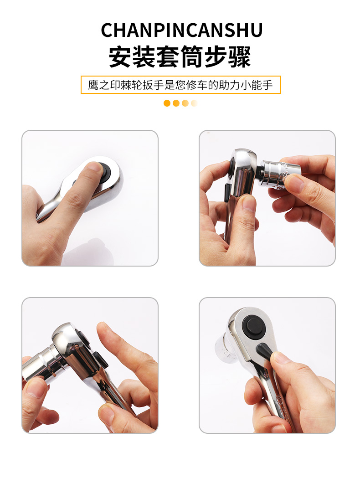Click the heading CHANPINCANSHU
pyautogui.click(x=182, y=30)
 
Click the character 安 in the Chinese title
pyautogui.click(x=120, y=57)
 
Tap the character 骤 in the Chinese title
pyautogui.click(x=239, y=57)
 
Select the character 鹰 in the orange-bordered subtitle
pyautogui.click(x=93, y=85)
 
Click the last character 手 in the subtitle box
pyautogui.click(x=267, y=85)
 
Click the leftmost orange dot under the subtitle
pyautogui.click(x=167, y=103)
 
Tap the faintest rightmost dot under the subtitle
pyautogui.click(x=194, y=103)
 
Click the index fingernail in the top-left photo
pyautogui.click(x=94, y=167)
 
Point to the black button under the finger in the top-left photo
pyautogui.click(x=106, y=169)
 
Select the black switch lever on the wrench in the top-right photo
pyautogui.click(x=226, y=193)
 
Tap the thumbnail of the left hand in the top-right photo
pyautogui.click(x=249, y=203)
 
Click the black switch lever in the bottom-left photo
pyautogui.click(x=100, y=359)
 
